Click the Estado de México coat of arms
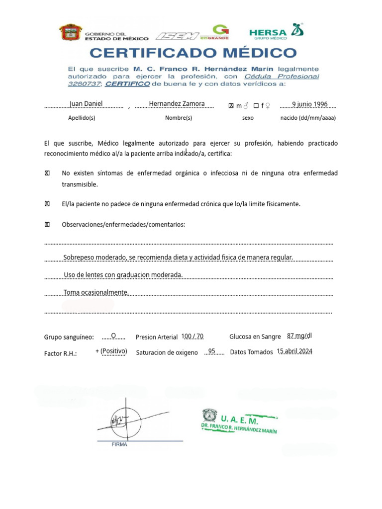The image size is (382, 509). tap(70, 33)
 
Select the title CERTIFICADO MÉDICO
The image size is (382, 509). tap(193, 53)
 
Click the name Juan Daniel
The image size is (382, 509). tap(87, 103)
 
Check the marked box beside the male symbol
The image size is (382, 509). tap(231, 105)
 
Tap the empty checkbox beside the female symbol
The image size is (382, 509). tap(256, 105)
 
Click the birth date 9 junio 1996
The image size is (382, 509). tap(310, 103)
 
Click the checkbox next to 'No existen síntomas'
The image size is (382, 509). tap(47, 173)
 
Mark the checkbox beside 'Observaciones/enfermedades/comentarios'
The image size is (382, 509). tap(47, 225)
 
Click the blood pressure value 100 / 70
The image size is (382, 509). tap(193, 336)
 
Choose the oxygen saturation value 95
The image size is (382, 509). tap(211, 351)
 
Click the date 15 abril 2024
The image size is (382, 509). tap(294, 351)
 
